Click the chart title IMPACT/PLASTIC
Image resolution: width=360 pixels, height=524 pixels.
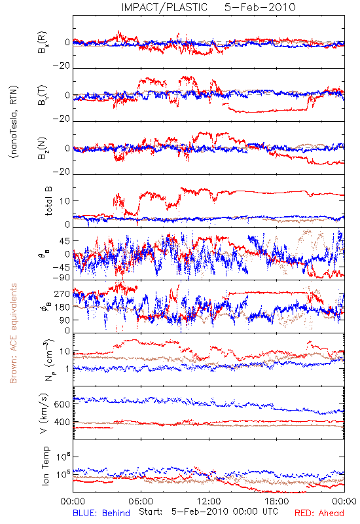[x=164, y=7]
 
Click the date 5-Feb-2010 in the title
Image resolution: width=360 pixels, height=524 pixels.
[x=260, y=7]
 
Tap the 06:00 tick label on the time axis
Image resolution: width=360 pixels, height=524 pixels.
[x=141, y=501]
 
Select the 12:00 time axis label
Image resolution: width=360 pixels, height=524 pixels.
[x=209, y=501]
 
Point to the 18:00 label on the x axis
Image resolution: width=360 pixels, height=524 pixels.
[x=277, y=501]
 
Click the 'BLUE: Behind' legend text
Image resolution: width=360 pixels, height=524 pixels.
[x=101, y=513]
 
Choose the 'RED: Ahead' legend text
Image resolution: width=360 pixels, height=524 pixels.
[x=319, y=513]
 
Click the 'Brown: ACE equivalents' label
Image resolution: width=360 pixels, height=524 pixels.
[x=13, y=333]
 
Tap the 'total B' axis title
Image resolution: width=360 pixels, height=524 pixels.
[x=48, y=201]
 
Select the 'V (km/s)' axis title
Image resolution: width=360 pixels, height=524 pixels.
[x=44, y=413]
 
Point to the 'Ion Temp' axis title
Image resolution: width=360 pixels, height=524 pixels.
[x=45, y=466]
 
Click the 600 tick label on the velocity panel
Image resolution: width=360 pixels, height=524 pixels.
[x=62, y=404]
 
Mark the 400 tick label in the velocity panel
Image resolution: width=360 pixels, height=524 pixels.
[x=62, y=422]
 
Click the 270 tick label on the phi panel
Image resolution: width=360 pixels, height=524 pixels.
[x=62, y=293]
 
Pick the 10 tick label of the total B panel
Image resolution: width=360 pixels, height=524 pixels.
[x=65, y=201]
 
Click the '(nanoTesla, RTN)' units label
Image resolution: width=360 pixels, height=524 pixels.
[x=14, y=122]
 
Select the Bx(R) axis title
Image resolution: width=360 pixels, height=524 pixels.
[x=43, y=43]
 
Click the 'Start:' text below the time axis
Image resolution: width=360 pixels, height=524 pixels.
[x=151, y=512]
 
